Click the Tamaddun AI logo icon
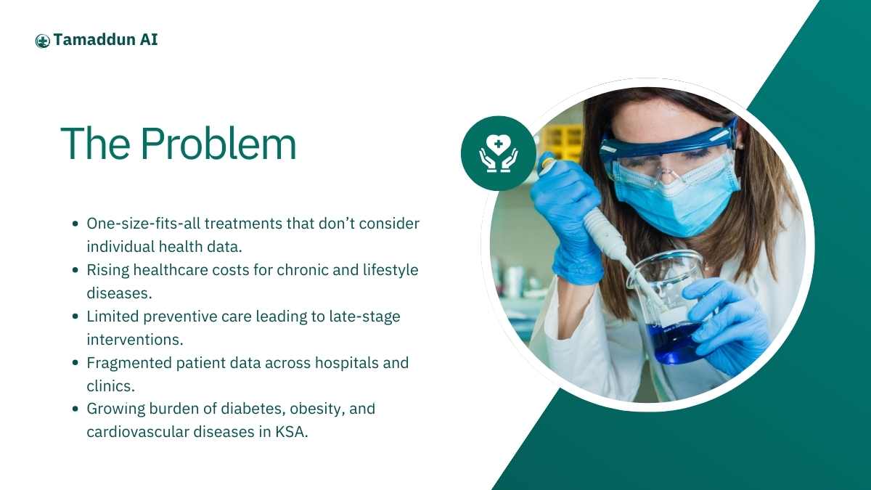point(42,41)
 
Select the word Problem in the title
point(218,144)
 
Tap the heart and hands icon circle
point(499,153)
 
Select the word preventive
point(180,317)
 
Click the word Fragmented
point(129,363)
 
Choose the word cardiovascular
point(138,432)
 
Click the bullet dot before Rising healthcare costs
point(75,270)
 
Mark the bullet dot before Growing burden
point(75,409)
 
